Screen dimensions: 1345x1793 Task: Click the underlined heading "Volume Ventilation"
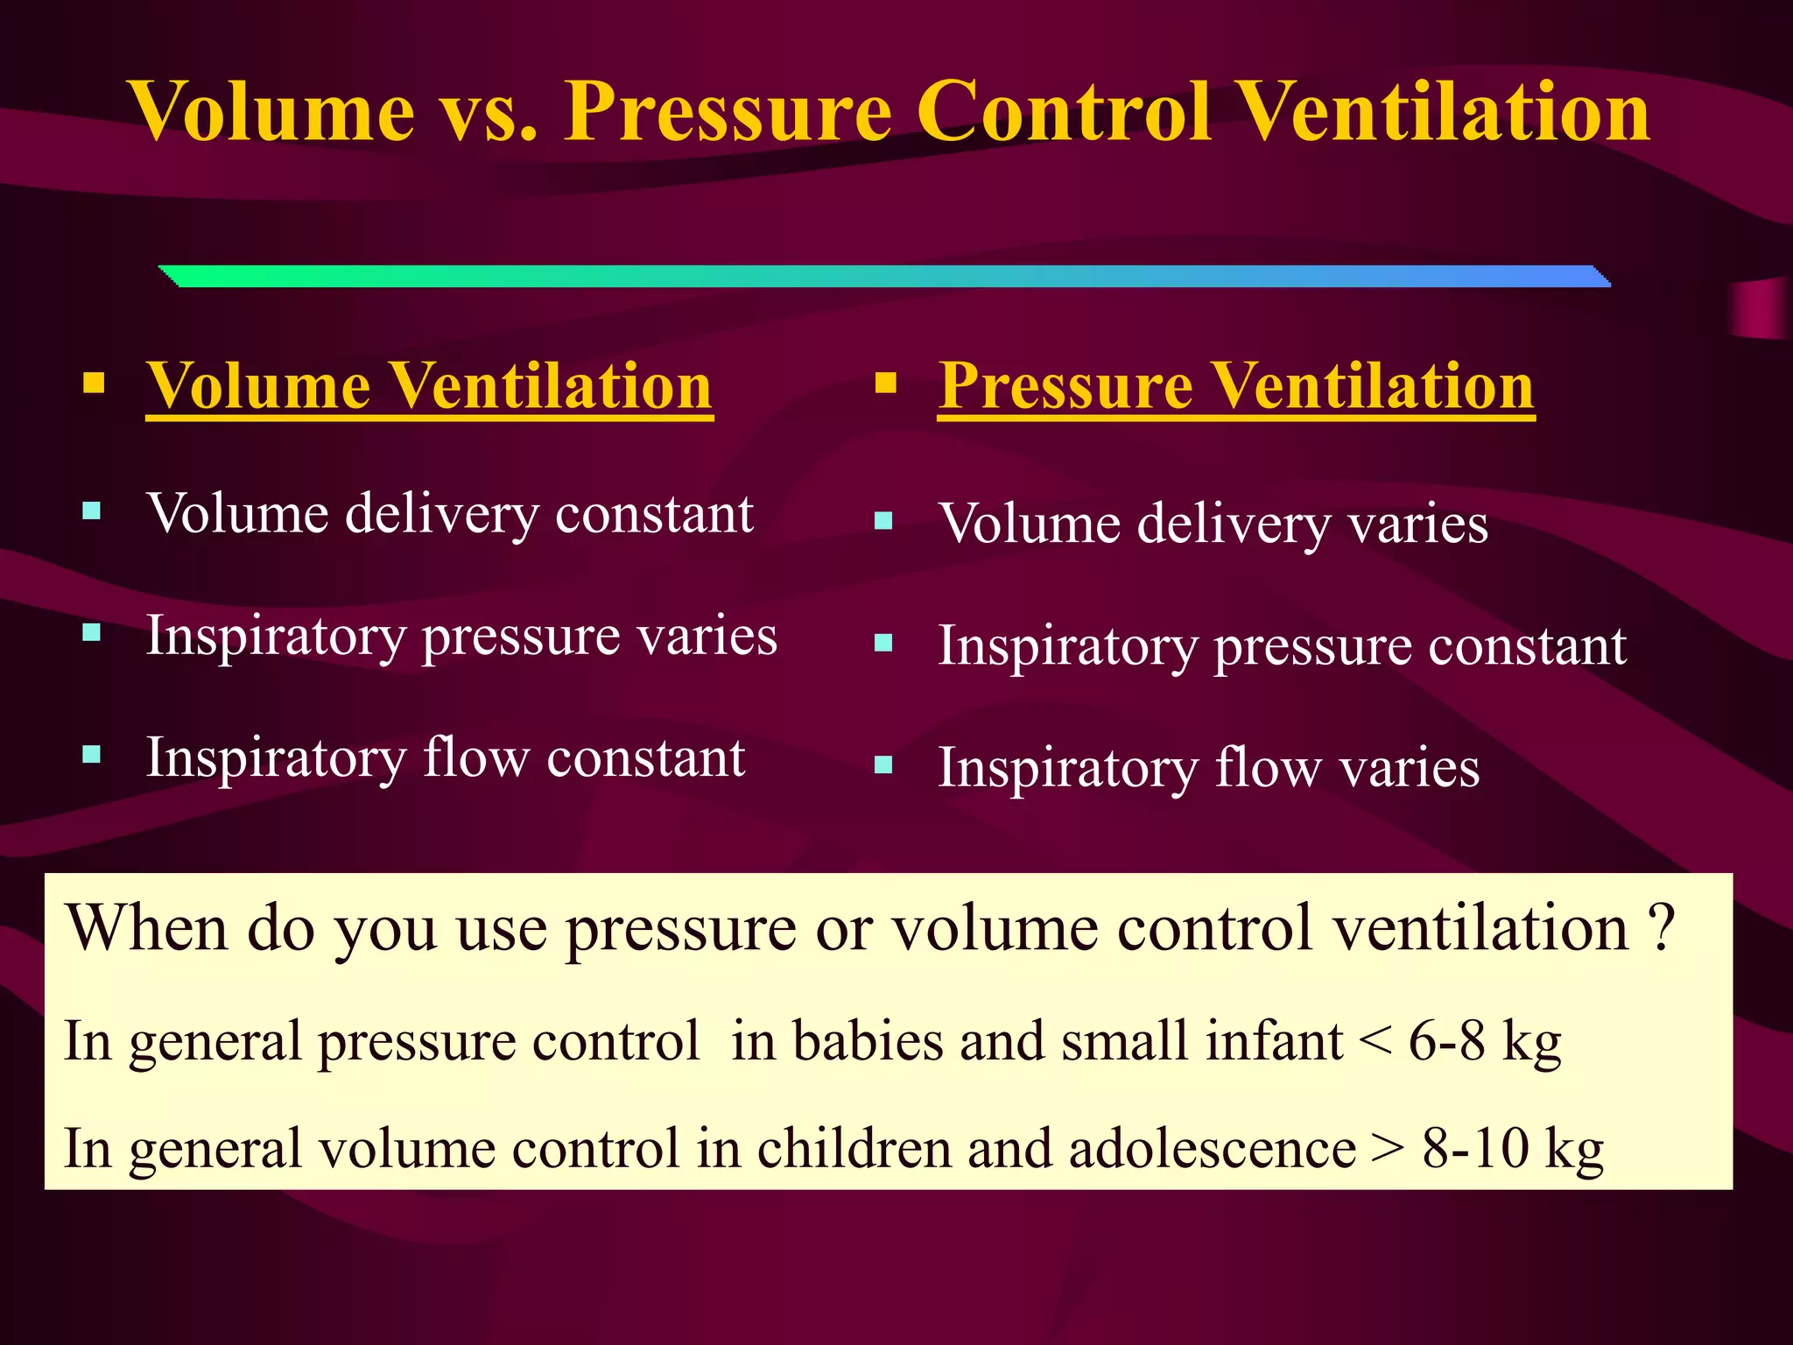point(429,386)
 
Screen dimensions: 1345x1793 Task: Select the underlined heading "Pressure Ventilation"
point(1235,386)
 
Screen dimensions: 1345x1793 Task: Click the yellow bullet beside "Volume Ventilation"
point(94,384)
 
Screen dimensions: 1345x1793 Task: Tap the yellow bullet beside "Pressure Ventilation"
point(885,384)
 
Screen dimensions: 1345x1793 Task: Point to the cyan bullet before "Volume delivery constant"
point(92,511)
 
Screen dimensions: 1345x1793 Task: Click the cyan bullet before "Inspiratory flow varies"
point(883,765)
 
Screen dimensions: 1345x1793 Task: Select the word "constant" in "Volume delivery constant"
point(654,513)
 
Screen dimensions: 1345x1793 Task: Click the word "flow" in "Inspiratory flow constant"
point(476,757)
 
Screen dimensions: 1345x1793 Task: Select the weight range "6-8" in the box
point(1446,1041)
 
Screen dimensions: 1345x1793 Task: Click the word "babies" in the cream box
point(868,1041)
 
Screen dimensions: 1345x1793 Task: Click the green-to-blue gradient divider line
point(884,276)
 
